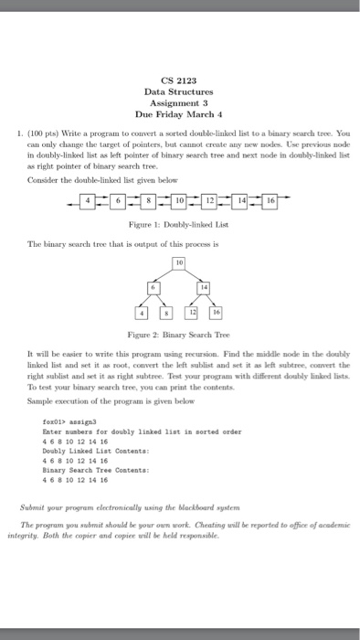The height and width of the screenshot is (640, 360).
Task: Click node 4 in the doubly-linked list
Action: point(88,198)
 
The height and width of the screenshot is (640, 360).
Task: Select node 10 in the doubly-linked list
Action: point(179,198)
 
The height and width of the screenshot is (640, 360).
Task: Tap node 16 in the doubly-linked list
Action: point(271,198)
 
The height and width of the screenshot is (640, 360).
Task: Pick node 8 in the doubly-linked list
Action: point(149,198)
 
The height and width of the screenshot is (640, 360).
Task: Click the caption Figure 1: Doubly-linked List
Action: point(179,223)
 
